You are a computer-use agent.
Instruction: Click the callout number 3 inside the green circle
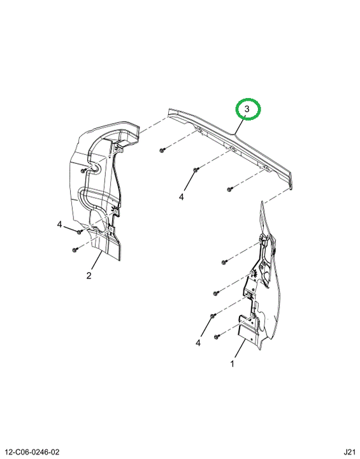(x=247, y=109)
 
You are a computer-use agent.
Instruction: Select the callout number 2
(x=89, y=275)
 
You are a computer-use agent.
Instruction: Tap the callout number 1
(x=232, y=364)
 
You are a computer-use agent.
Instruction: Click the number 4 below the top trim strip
(x=182, y=197)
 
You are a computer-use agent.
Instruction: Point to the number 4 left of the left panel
(x=60, y=224)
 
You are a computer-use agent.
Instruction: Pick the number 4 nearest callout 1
(x=198, y=343)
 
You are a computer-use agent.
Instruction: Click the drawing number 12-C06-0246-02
(x=32, y=452)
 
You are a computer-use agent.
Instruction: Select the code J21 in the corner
(x=349, y=452)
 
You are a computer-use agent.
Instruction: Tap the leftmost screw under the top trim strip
(x=162, y=150)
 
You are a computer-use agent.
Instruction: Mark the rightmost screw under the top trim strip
(x=229, y=189)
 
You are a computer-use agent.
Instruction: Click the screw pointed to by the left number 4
(x=79, y=232)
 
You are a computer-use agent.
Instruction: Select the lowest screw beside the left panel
(x=75, y=250)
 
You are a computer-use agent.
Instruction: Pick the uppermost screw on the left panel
(x=83, y=170)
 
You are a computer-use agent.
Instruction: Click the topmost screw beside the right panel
(x=224, y=262)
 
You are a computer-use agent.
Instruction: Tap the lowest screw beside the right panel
(x=217, y=337)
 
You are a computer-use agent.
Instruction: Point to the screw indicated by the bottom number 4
(x=213, y=316)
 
